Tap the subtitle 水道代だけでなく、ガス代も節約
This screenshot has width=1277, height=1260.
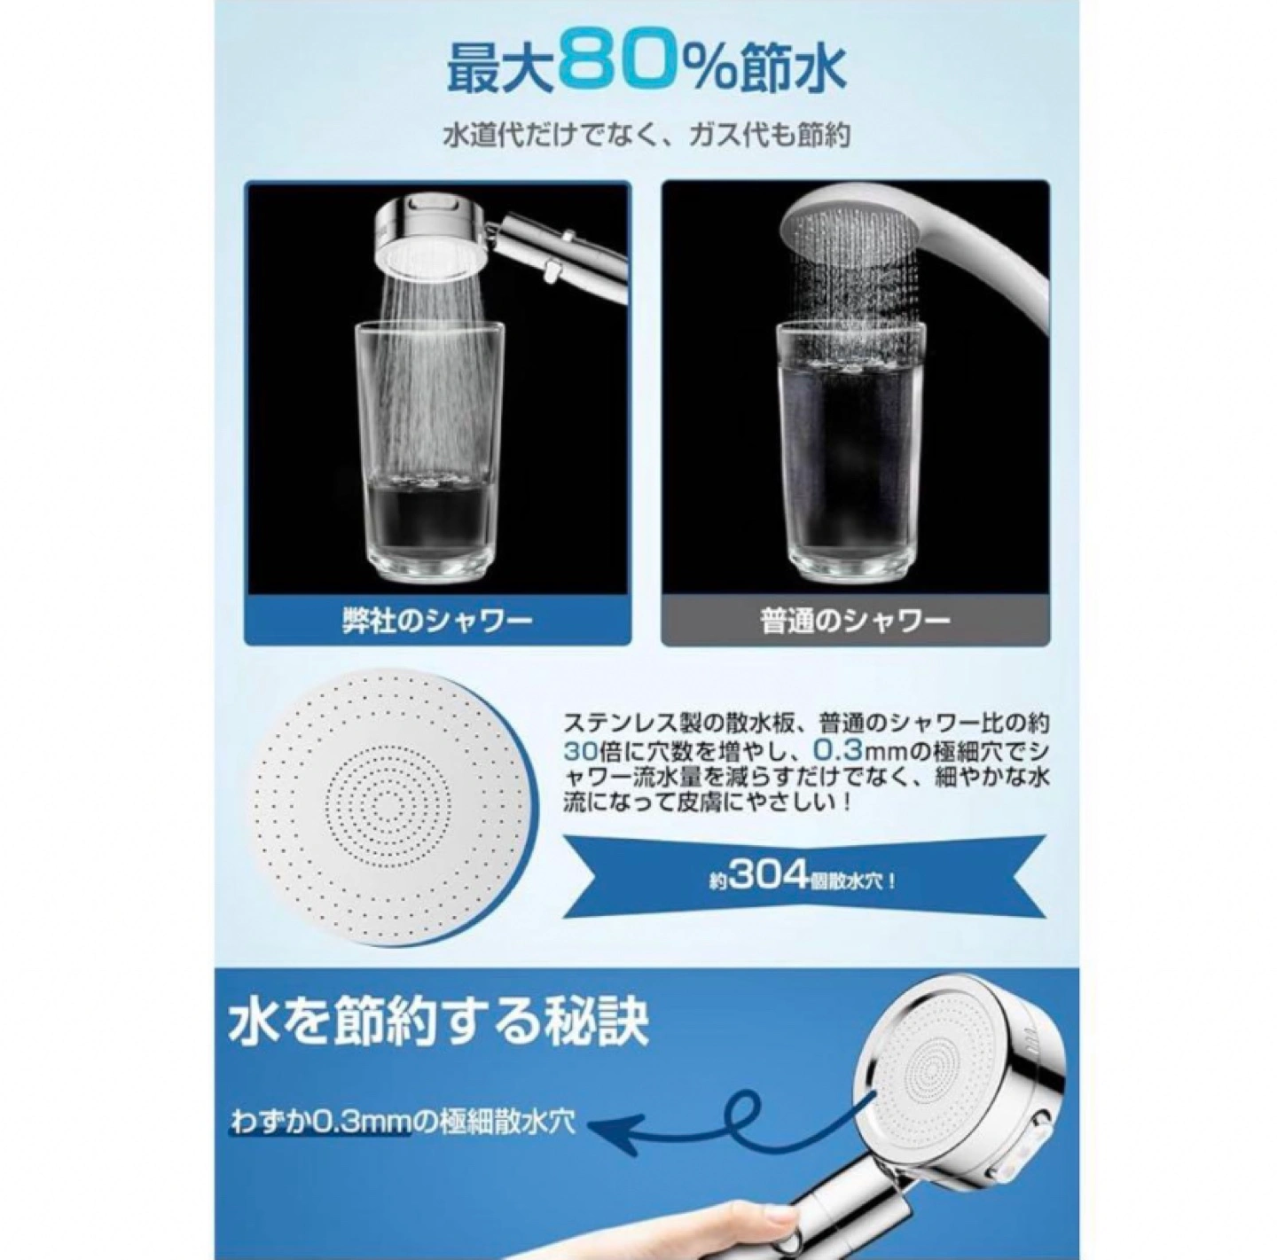[646, 137]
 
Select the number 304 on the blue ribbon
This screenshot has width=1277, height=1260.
[765, 880]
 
